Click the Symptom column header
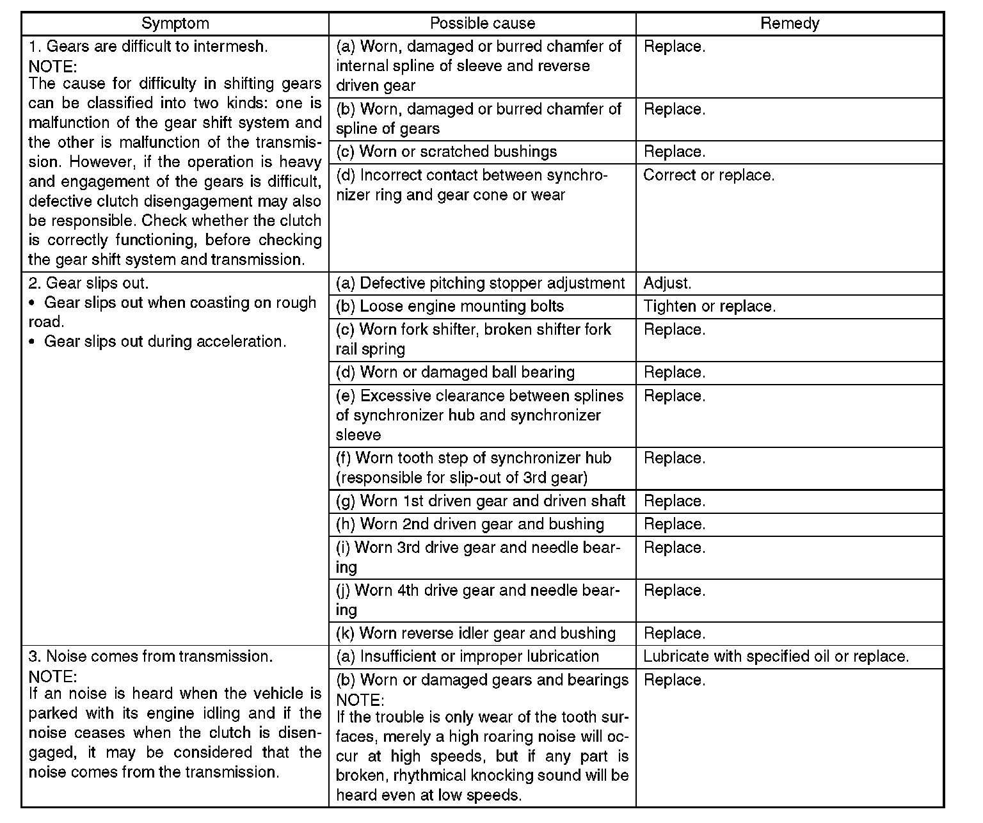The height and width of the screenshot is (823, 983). (x=175, y=24)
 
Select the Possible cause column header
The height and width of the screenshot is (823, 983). (x=482, y=24)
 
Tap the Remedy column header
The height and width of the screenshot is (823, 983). (x=790, y=24)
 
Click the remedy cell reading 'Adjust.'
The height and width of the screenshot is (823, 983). (x=667, y=283)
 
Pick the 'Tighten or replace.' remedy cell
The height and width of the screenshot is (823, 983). (x=709, y=307)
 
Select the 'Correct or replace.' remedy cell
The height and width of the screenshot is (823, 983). (x=708, y=175)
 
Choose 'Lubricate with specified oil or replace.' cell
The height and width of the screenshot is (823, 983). (x=776, y=657)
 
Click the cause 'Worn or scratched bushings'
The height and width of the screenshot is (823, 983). (x=447, y=152)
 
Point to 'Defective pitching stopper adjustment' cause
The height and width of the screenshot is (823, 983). (x=480, y=283)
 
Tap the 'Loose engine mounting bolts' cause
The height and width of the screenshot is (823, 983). (x=450, y=307)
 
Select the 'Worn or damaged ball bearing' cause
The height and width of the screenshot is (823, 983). (x=455, y=372)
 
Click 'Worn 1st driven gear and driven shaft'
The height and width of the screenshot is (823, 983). (x=481, y=501)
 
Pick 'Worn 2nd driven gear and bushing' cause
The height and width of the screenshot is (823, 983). (x=470, y=524)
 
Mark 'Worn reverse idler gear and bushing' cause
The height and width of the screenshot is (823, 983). (x=476, y=634)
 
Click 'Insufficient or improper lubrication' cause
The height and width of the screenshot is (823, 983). (x=467, y=657)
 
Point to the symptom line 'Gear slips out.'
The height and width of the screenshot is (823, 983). (x=88, y=283)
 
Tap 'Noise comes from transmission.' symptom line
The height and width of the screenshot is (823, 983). (x=151, y=657)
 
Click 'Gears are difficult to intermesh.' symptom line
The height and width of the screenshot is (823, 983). (x=148, y=46)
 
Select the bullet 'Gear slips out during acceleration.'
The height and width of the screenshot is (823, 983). (x=164, y=342)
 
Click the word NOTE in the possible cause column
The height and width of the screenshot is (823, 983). (x=360, y=699)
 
